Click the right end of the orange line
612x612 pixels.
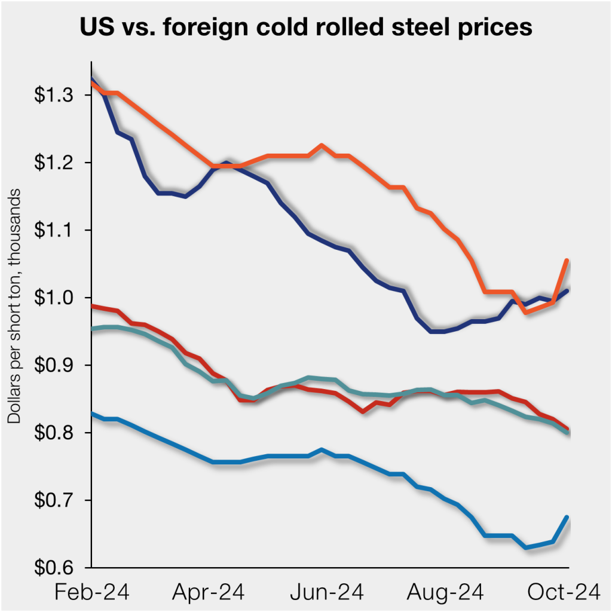point(567,261)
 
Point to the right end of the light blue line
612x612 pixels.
point(567,517)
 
